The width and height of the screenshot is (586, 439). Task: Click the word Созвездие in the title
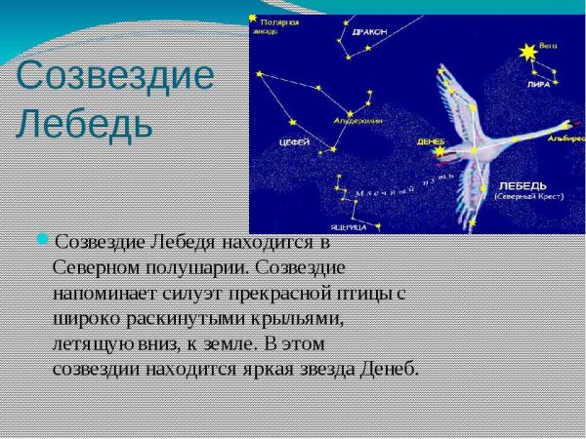115,76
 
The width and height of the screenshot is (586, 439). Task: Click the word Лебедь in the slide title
85,124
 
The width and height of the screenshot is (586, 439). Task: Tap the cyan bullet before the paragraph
42,239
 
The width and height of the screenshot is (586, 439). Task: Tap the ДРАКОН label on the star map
369,32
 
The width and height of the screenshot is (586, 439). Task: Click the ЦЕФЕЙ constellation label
294,142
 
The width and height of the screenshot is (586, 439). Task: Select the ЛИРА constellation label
538,84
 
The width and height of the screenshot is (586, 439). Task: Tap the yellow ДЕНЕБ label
430,140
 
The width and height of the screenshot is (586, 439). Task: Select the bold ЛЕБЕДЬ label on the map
523,185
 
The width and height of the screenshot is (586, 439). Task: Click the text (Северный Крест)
526,197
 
